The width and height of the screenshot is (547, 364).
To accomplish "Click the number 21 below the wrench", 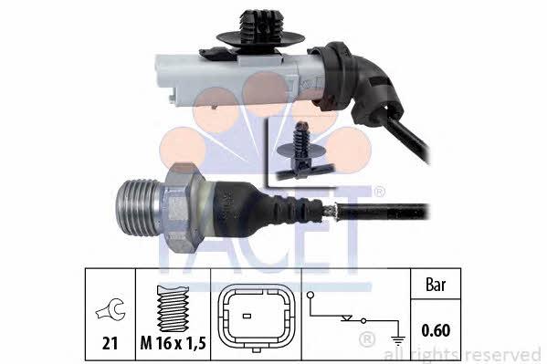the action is [110, 343].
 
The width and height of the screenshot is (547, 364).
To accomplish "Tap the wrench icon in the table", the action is [110, 309].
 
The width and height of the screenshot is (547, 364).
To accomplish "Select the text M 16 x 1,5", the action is [174, 343].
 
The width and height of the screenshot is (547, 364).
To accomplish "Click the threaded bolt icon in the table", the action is [173, 308].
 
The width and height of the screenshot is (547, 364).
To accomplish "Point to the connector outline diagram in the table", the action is [257, 318].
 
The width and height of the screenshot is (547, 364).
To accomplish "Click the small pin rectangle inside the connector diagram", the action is [247, 317].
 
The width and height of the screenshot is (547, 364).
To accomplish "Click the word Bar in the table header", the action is [436, 285].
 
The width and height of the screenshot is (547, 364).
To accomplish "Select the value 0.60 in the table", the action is [436, 330].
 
